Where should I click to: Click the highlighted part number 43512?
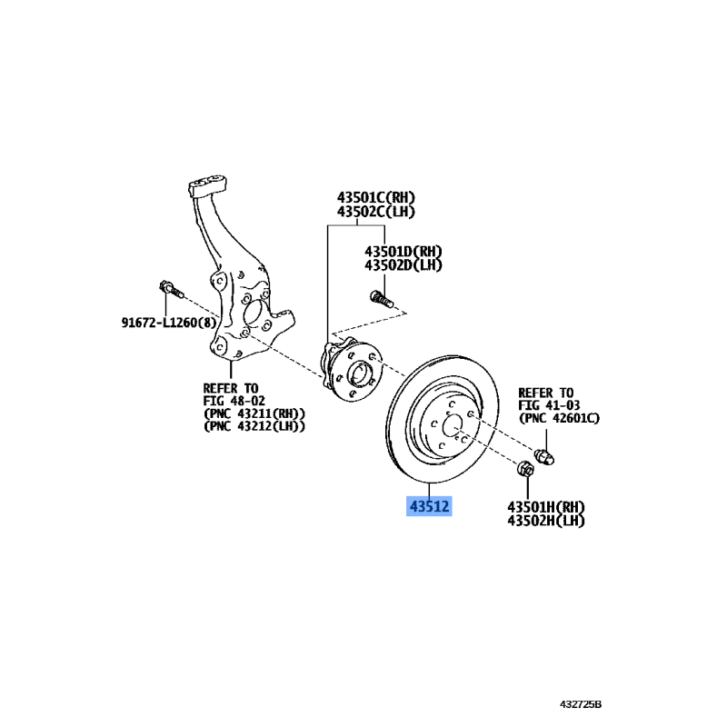[x=429, y=506]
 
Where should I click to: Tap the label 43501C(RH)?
[x=375, y=198]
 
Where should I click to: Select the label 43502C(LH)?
[x=375, y=212]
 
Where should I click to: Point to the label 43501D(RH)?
[x=403, y=252]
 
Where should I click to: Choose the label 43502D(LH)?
[x=403, y=265]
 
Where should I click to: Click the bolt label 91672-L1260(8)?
[x=169, y=323]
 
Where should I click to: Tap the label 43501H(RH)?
[x=546, y=507]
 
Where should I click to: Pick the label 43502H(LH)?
[x=546, y=521]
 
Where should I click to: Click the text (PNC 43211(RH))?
[x=254, y=413]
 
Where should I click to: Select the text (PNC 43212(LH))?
[x=254, y=426]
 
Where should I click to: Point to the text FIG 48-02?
[x=234, y=401]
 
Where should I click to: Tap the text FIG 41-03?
[x=549, y=405]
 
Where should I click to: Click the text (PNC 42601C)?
[x=559, y=418]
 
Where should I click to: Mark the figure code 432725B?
[x=581, y=705]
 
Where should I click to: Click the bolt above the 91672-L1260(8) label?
[x=171, y=289]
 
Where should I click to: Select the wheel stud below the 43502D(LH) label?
[x=382, y=298]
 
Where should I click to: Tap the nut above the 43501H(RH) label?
[x=525, y=469]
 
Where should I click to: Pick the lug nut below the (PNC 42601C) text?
[x=544, y=457]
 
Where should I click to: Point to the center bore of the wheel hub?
[x=358, y=373]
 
